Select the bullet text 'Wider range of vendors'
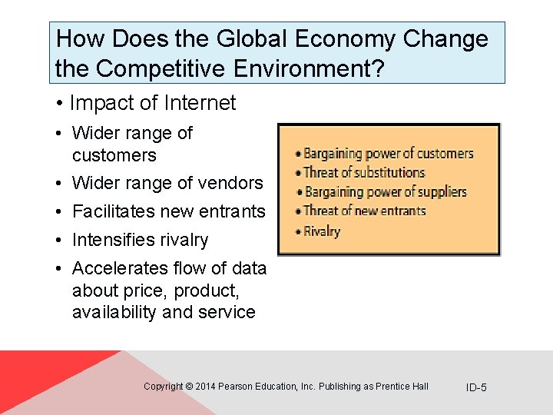point(167,183)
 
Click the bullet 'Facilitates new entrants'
point(168,211)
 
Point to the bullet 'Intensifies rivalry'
point(140,240)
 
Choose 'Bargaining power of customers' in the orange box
point(388,154)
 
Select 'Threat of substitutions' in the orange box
point(364,172)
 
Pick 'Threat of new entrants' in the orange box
point(364,211)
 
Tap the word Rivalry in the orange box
point(322,231)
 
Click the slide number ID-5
point(476,387)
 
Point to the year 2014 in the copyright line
point(206,387)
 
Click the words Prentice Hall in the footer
point(402,387)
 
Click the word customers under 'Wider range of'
point(114,155)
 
